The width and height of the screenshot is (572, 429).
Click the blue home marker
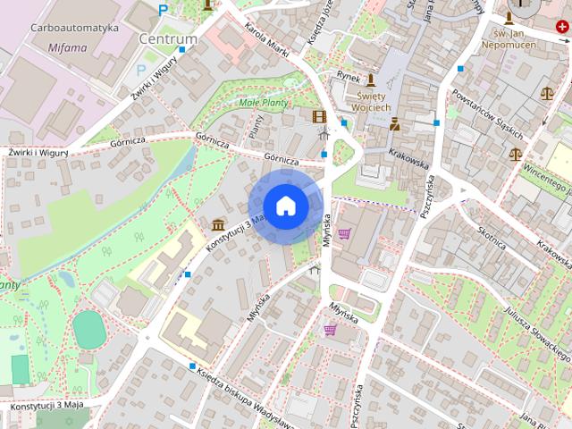coord(285,206)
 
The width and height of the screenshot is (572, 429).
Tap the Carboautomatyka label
coord(74,28)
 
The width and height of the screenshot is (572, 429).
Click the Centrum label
coord(168,39)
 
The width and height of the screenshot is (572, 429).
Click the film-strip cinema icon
coord(319,115)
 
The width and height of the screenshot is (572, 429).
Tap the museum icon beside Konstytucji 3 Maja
coord(219,223)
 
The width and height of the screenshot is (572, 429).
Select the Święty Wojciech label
coord(374,101)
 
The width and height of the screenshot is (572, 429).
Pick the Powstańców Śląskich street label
coord(487,112)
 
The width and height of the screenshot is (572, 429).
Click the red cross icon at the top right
coord(560,28)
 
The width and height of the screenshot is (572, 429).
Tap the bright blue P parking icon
coord(162,10)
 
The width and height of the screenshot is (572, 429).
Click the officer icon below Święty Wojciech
coord(394,124)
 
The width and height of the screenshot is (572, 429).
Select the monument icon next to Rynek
coord(370,80)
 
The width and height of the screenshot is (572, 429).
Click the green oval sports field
coord(88,330)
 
